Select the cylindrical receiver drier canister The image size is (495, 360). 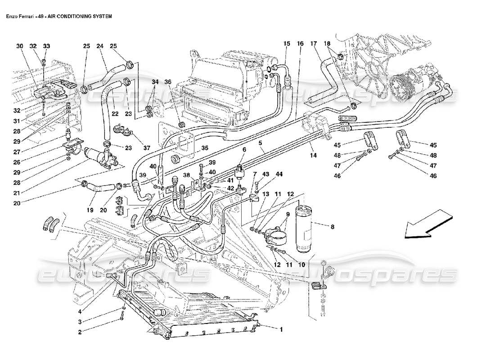point(303,227)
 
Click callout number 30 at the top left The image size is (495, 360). point(19,46)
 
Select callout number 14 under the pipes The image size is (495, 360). point(313,155)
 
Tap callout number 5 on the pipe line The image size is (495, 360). point(260,144)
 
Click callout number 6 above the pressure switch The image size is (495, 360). point(245,149)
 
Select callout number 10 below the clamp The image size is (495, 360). point(301,265)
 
